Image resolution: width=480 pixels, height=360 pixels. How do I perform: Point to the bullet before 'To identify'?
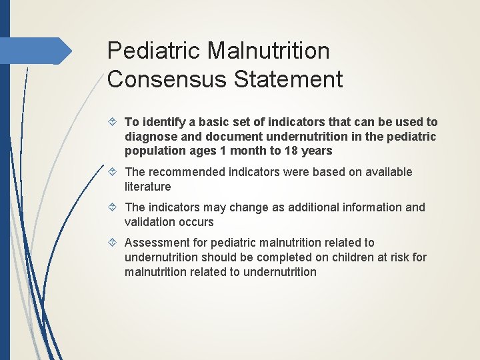pos(114,122)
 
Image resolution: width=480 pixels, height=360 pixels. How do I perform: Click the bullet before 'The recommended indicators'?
pos(114,172)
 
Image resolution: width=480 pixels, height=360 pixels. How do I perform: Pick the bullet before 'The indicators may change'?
pos(114,207)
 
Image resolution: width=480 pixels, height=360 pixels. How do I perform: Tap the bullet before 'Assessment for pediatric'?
pos(114,243)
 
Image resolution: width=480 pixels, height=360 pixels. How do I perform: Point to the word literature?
pos(147,187)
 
